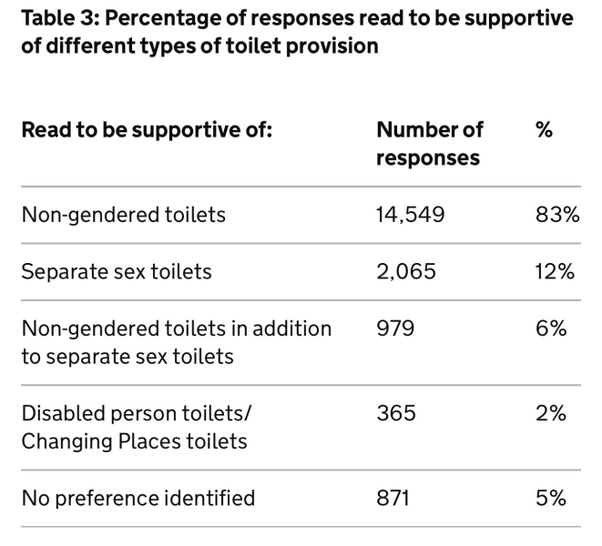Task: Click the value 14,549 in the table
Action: [x=410, y=216]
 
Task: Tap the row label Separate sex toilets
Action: [x=117, y=272]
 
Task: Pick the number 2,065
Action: [x=406, y=272]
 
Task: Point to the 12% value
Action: [x=556, y=272]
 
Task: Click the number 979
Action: [x=395, y=329]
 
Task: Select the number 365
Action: [x=396, y=413]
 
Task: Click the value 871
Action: [x=394, y=498]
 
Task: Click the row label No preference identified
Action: [x=138, y=498]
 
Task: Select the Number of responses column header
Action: [x=429, y=144]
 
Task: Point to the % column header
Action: [x=545, y=130]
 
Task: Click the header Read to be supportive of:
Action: [x=147, y=130]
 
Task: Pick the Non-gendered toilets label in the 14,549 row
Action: [x=124, y=216]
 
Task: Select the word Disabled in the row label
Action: [x=59, y=413]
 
